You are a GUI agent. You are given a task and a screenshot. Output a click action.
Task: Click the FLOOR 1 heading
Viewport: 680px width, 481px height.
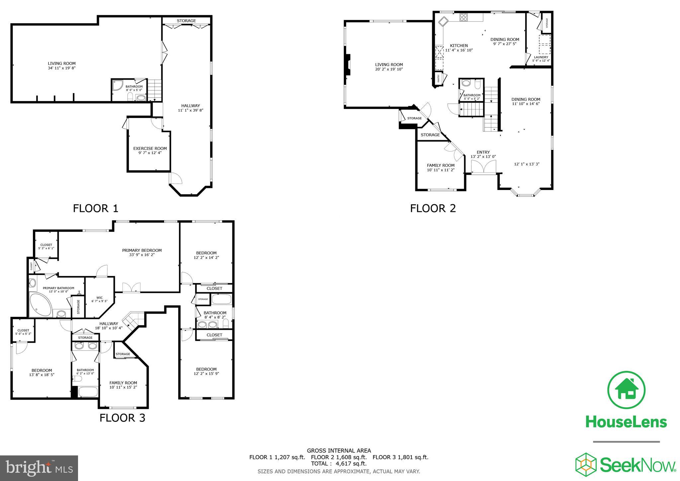[96, 209]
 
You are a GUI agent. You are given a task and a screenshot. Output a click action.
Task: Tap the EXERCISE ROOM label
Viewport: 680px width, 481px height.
[150, 148]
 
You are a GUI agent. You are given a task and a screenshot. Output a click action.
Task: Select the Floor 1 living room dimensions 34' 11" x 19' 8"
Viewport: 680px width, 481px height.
[61, 68]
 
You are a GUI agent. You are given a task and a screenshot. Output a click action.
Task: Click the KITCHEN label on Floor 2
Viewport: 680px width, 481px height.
[459, 46]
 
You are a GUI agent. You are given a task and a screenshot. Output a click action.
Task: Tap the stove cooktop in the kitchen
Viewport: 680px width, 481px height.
[464, 17]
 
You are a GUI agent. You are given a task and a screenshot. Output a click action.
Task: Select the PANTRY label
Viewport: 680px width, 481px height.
[438, 79]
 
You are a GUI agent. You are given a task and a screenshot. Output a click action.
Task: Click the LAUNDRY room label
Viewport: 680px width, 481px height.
[541, 57]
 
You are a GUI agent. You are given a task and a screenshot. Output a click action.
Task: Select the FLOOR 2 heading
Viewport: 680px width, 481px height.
[433, 209]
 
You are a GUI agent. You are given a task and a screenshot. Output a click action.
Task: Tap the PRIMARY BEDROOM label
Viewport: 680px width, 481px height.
[142, 250]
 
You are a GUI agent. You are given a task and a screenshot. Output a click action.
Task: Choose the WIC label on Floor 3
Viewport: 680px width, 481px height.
[99, 298]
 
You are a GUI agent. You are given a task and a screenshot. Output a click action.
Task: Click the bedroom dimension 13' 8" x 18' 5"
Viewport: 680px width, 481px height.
[42, 375]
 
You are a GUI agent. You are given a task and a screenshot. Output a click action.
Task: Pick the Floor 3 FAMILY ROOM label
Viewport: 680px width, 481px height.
[123, 383]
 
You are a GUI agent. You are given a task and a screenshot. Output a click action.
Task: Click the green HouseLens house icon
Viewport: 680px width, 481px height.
[626, 390]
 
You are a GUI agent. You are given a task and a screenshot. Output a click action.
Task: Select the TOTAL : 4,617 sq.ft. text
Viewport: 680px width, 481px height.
[339, 464]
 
